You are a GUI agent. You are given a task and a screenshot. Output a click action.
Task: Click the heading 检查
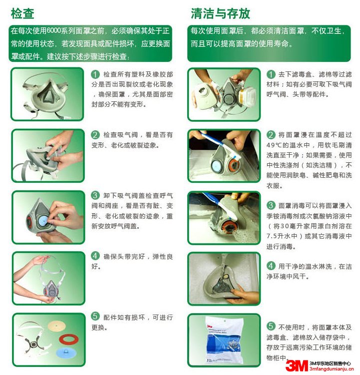[22, 12]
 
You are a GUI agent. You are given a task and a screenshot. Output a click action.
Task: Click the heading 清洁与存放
[220, 12]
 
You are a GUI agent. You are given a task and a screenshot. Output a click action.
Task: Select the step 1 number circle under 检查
[95, 74]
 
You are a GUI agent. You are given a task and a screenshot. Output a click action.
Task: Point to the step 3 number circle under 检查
[95, 195]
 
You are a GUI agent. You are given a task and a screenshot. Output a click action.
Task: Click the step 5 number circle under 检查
[95, 317]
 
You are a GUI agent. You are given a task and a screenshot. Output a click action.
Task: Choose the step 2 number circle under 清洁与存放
[271, 135]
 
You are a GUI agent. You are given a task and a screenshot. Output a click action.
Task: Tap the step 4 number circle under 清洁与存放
[271, 266]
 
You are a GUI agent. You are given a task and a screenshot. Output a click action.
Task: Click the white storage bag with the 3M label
[224, 340]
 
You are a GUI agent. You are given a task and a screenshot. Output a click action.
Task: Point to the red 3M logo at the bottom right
[296, 366]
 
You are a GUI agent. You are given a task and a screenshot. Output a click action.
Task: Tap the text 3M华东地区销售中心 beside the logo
[330, 363]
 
